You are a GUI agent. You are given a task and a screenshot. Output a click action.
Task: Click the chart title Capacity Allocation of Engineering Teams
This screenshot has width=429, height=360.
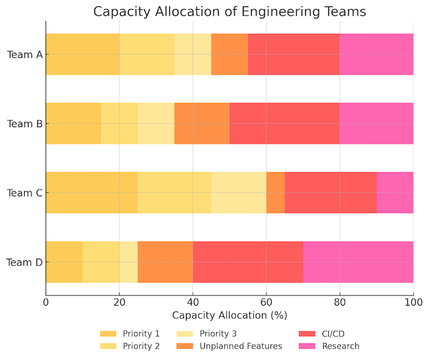229,11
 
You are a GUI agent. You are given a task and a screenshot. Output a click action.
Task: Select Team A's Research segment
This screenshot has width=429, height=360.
376,54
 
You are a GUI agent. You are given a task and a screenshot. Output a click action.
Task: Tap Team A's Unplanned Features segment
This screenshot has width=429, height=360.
229,54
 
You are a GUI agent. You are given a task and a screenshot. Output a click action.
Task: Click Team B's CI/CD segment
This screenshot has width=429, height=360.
284,124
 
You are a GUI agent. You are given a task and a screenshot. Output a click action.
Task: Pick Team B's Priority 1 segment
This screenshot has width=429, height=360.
73,124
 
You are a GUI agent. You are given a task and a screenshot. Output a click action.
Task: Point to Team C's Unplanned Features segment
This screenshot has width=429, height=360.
275,192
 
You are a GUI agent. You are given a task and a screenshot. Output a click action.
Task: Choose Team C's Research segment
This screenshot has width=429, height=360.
395,192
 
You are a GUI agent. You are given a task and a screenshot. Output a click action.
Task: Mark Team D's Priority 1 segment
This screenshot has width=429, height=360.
64,262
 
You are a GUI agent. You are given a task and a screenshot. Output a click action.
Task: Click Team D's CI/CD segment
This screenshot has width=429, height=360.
248,262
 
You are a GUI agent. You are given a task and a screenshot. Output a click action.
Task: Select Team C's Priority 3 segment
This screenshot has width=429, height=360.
239,192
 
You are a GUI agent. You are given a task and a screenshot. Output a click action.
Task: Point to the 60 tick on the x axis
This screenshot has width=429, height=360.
266,301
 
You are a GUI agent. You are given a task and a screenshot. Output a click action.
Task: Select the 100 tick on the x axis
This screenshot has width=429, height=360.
413,301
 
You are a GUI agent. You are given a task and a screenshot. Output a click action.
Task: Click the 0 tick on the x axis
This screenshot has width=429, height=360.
46,301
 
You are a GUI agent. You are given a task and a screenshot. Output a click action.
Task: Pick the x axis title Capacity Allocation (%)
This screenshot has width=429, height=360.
229,315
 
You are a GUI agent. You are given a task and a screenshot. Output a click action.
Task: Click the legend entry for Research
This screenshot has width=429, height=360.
340,346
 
